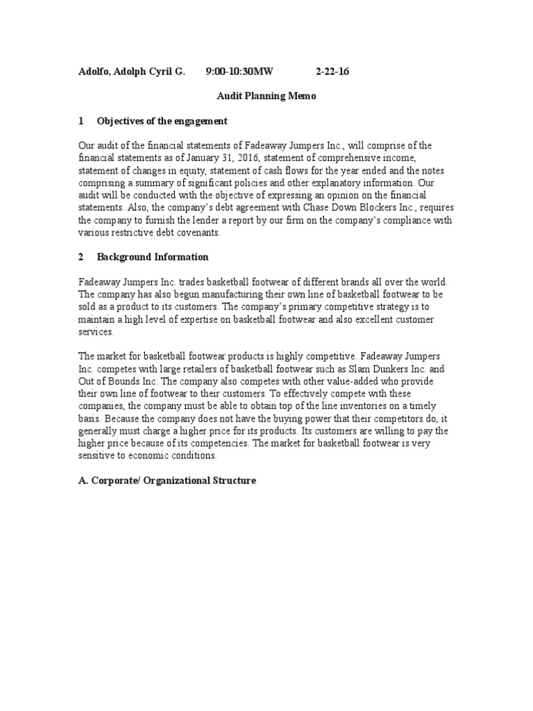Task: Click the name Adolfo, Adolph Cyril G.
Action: tap(131, 72)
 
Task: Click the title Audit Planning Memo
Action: tap(266, 97)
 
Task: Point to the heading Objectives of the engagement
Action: tap(162, 121)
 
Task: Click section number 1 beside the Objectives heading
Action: tap(81, 121)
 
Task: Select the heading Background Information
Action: tap(153, 257)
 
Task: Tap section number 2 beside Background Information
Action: tap(81, 257)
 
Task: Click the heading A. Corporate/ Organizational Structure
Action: tap(167, 480)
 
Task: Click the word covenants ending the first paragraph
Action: tap(198, 233)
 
